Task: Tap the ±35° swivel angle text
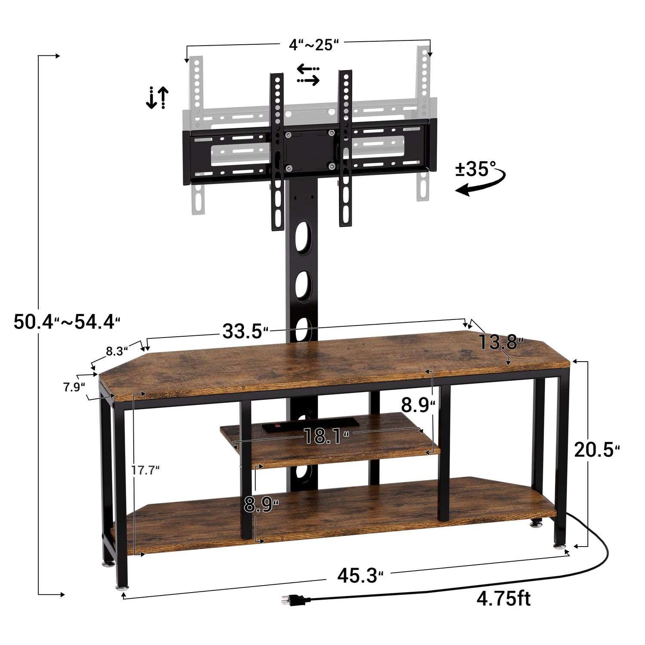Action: (476, 169)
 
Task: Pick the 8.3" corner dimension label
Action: (117, 351)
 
